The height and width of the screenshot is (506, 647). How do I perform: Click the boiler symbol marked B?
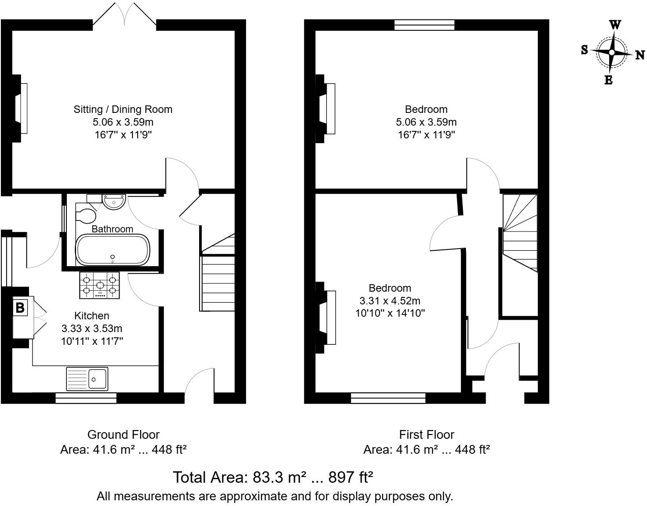[20, 307]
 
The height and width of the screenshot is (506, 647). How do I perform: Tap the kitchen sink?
[87, 379]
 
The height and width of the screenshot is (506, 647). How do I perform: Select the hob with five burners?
[100, 285]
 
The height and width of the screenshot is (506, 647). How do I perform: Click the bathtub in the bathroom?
[113, 250]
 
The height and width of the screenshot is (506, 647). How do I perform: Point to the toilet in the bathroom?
[86, 216]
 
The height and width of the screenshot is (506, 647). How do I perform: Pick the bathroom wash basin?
[114, 202]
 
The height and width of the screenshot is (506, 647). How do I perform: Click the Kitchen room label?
[91, 315]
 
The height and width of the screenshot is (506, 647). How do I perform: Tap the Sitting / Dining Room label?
[123, 109]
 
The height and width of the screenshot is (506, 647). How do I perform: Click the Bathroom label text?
[112, 229]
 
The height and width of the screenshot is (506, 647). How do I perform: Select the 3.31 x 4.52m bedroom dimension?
[389, 301]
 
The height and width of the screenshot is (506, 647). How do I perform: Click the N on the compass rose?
[640, 55]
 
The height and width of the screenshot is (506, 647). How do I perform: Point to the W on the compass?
[615, 25]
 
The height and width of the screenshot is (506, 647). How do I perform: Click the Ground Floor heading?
[123, 434]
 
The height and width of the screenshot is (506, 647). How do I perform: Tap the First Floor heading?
[426, 434]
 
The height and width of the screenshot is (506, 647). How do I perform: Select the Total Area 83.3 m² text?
[273, 477]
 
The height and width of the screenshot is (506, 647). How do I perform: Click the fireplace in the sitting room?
[20, 108]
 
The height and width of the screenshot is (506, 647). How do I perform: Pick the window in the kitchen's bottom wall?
[86, 398]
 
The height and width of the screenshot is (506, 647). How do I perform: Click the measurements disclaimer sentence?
[275, 496]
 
